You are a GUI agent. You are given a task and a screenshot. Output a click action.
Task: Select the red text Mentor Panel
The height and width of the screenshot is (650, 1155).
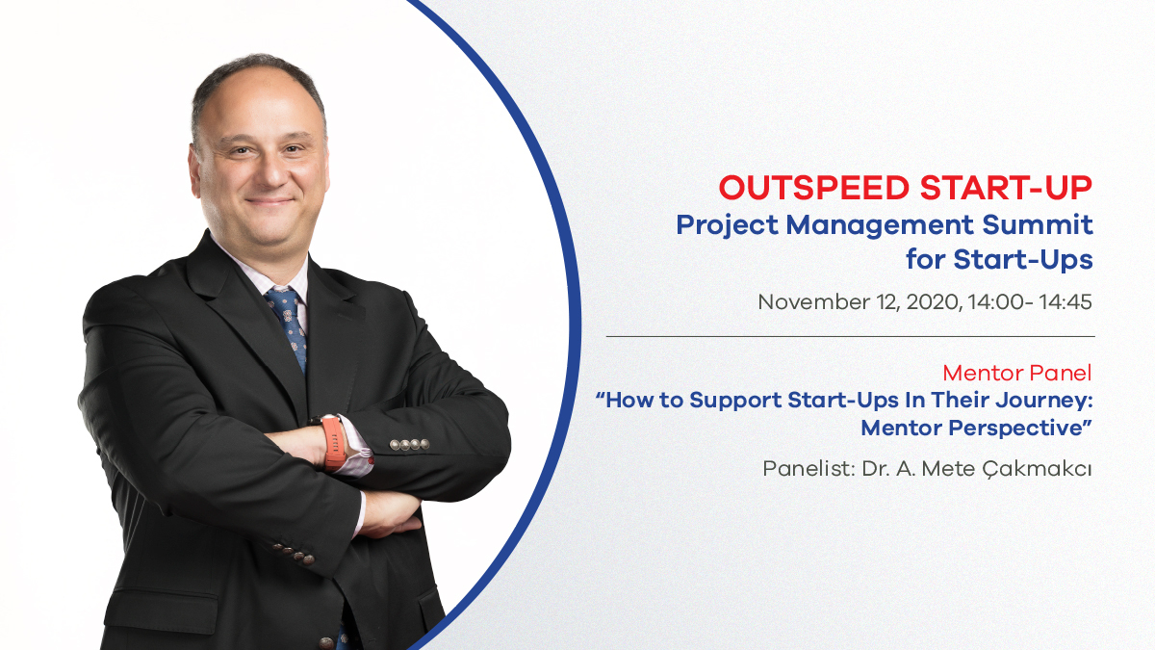pyautogui.click(x=1017, y=373)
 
